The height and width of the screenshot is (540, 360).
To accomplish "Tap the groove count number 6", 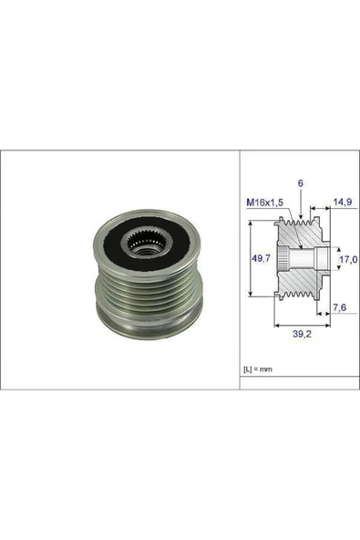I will coord(300,182).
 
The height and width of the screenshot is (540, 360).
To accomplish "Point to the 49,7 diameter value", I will coord(259,258).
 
